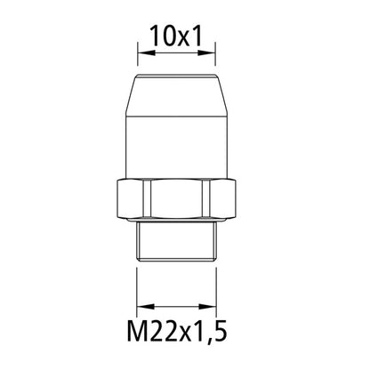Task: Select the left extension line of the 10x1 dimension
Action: tap(136, 58)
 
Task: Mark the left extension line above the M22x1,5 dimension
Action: tap(136, 285)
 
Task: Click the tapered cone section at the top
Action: tap(177, 98)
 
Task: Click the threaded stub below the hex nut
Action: tap(177, 242)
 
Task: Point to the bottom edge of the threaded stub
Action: tap(177, 257)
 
